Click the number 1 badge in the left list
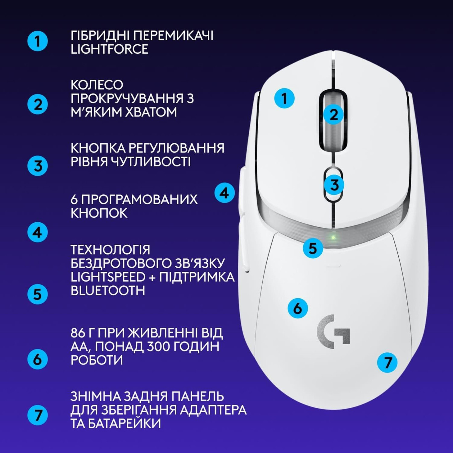point(38,41)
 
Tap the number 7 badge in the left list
point(38,415)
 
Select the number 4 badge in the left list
point(38,232)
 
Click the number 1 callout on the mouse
point(284,99)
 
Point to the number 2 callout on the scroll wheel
point(334,115)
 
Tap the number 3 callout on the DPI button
point(334,185)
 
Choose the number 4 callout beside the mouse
point(225,193)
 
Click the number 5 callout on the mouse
point(313,248)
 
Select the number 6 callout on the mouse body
point(298,308)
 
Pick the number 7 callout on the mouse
point(388,362)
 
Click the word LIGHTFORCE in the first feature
point(109,49)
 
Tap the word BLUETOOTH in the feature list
point(108,291)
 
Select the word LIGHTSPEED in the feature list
point(108,277)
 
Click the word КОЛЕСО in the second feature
point(97,85)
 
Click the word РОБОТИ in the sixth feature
point(96,360)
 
